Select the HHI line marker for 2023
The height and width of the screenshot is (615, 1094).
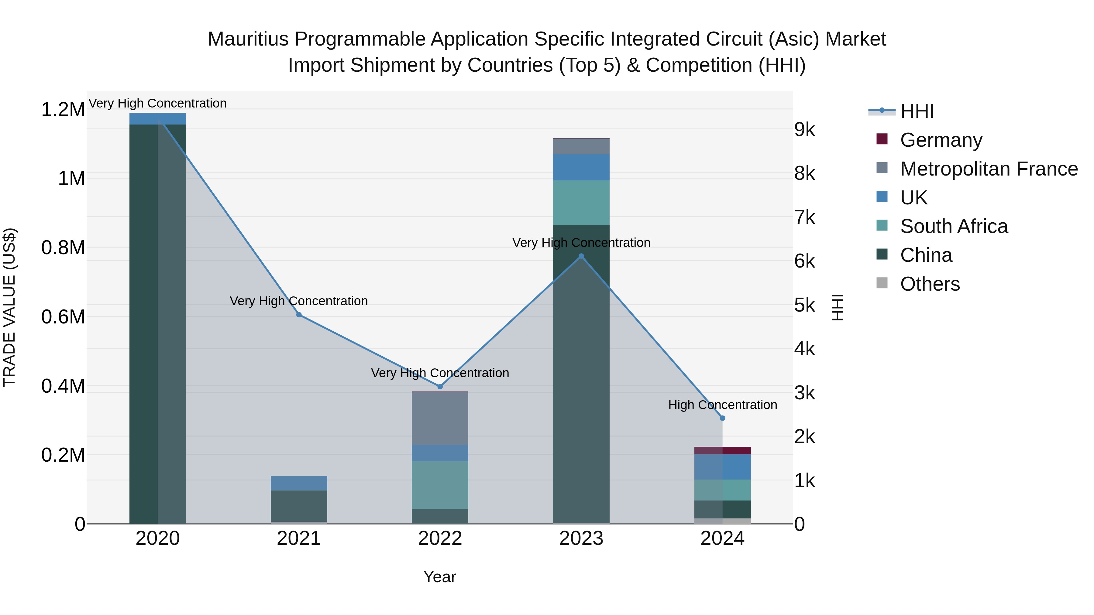click(x=581, y=256)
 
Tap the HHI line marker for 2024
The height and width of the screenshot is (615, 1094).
click(x=722, y=418)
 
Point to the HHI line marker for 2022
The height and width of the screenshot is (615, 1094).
click(x=440, y=387)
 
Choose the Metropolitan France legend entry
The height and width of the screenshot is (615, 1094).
click(x=989, y=169)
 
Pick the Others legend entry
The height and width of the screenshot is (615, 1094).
click(x=930, y=284)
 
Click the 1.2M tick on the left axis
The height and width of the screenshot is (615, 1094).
click(x=63, y=110)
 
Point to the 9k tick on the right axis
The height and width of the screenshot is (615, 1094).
click(x=804, y=130)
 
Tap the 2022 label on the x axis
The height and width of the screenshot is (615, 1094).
click(x=440, y=538)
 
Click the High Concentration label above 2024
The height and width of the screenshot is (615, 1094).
click(x=722, y=405)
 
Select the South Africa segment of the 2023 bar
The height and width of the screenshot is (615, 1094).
click(x=581, y=203)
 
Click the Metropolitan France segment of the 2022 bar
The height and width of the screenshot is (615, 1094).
click(x=440, y=418)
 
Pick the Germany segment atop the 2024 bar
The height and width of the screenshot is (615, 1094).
click(x=722, y=450)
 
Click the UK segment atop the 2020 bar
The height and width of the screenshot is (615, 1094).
click(x=157, y=118)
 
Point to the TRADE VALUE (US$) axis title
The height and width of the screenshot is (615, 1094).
click(x=9, y=307)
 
